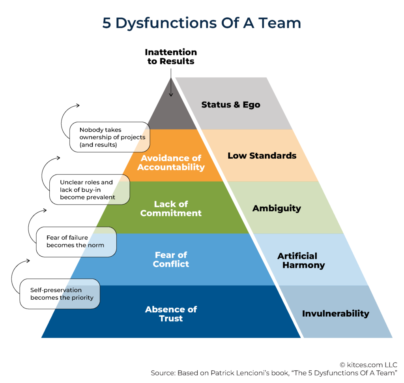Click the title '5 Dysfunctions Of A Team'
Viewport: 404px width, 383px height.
[x=202, y=23]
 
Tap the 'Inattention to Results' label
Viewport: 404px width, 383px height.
[x=171, y=56]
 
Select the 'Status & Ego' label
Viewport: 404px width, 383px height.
[x=231, y=105]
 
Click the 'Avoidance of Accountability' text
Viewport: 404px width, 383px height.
[x=171, y=163]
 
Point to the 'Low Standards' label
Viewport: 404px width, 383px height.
[x=262, y=156]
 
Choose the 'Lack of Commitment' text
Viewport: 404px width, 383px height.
[x=171, y=208]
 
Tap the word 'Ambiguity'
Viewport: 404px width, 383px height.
[x=277, y=208]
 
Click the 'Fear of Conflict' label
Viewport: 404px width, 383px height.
[x=171, y=259]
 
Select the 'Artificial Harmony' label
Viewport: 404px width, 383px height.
[x=303, y=261]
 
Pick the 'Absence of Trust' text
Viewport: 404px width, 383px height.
[x=171, y=314]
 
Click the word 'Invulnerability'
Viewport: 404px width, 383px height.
[x=335, y=314]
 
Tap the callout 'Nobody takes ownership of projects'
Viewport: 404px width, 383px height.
[x=109, y=137]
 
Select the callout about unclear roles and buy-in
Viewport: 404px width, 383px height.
[x=89, y=190]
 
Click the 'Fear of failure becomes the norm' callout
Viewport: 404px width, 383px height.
[x=76, y=241]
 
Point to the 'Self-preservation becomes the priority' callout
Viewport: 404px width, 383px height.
[x=60, y=294]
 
